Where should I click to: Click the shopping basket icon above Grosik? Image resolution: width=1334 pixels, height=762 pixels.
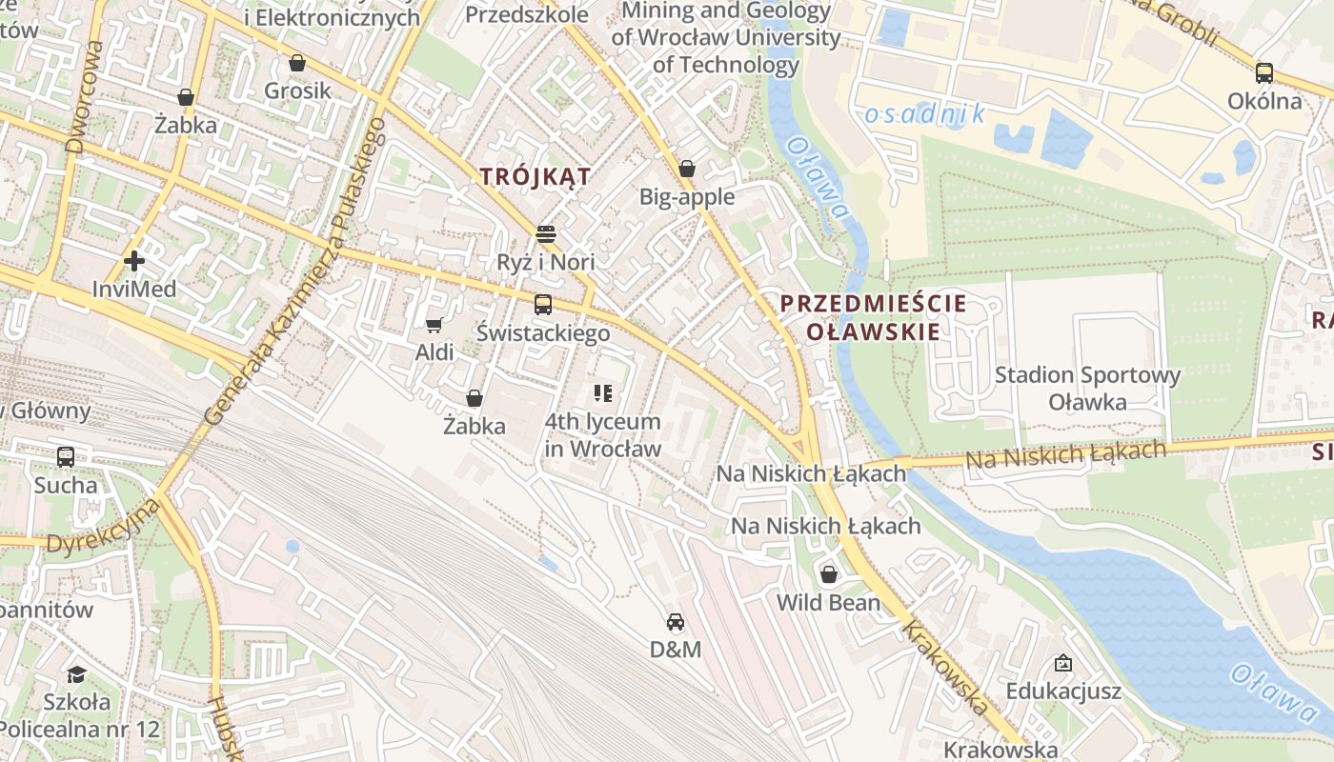297,64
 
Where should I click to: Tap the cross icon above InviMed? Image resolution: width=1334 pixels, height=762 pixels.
134,260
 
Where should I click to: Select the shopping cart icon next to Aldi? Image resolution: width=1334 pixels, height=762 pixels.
435,326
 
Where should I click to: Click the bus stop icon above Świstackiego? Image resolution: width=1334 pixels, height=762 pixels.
543,305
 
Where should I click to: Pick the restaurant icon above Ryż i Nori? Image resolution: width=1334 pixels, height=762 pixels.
546,233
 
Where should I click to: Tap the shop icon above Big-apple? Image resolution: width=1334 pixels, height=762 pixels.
687,170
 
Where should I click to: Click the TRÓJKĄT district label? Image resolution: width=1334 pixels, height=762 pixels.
536,176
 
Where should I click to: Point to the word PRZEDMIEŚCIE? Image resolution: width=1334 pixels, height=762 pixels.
873,304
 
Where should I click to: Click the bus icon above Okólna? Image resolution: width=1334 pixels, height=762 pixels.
1264,72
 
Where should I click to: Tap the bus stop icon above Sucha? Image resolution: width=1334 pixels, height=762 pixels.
66,457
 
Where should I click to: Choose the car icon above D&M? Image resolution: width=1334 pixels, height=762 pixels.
676,622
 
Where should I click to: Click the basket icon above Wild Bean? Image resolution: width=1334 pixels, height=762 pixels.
829,574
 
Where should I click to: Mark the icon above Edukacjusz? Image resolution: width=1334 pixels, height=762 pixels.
1063,663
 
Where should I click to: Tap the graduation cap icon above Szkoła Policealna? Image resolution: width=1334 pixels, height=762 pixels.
76,674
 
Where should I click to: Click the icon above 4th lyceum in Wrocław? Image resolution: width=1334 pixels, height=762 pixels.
602,392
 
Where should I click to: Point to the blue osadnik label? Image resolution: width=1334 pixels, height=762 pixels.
924,114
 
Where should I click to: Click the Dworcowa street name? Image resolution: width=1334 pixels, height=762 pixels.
85,95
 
